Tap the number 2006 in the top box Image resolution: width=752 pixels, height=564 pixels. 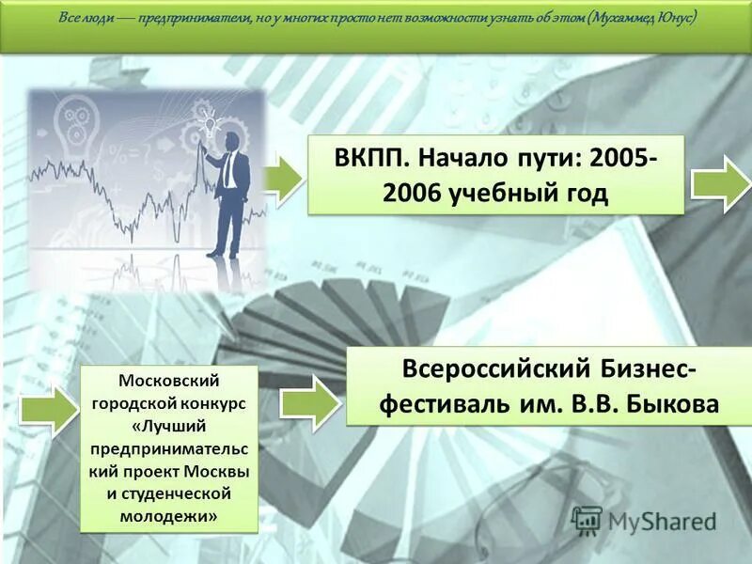[414, 194]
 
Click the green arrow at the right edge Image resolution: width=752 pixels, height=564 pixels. [721, 182]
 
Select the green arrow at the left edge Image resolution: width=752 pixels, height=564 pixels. [48, 411]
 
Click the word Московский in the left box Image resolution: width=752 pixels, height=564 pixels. [169, 382]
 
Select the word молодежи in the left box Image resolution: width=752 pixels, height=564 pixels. [169, 515]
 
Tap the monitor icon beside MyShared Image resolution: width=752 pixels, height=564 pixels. [586, 520]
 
